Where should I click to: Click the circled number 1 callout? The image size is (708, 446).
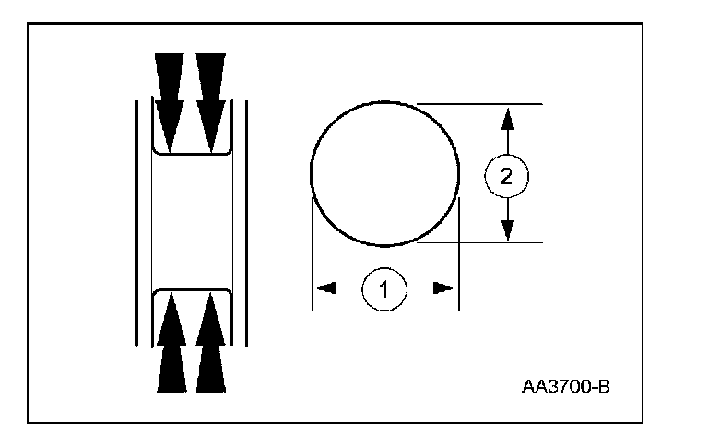pyautogui.click(x=385, y=288)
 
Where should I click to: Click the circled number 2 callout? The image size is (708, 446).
pyautogui.click(x=506, y=176)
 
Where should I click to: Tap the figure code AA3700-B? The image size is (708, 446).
pyautogui.click(x=564, y=385)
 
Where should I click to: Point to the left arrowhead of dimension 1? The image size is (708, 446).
pyautogui.click(x=323, y=288)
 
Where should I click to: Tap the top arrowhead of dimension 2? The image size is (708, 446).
pyautogui.click(x=506, y=116)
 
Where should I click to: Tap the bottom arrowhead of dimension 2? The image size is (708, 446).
pyautogui.click(x=506, y=231)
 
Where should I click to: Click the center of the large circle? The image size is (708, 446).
pyautogui.click(x=385, y=174)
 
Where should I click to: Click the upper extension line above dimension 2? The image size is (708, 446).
pyautogui.click(x=479, y=103)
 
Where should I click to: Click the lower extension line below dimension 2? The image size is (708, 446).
pyautogui.click(x=479, y=243)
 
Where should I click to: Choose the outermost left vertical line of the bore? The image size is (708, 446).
pyautogui.click(x=137, y=221)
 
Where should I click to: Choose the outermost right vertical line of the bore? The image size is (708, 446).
pyautogui.click(x=245, y=221)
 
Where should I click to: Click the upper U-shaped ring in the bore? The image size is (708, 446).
pyautogui.click(x=191, y=152)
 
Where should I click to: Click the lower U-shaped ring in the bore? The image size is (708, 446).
pyautogui.click(x=191, y=290)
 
